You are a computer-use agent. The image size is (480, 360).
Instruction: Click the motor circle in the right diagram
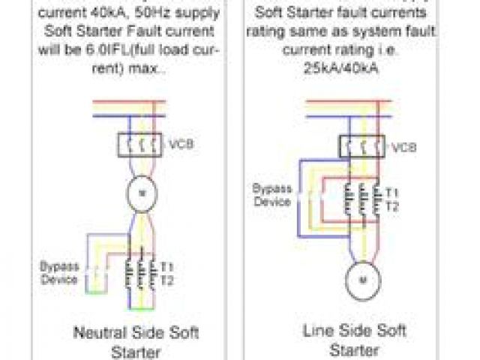[364, 280]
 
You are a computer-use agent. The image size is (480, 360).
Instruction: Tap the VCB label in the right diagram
[403, 146]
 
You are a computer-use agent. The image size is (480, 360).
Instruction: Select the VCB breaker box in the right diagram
[363, 145]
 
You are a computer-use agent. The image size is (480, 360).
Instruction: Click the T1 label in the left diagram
[167, 267]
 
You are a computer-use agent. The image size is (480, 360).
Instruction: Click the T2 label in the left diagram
[167, 280]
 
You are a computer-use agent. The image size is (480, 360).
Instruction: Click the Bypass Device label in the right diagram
[271, 194]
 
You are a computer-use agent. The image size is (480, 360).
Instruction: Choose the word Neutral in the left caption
[98, 331]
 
